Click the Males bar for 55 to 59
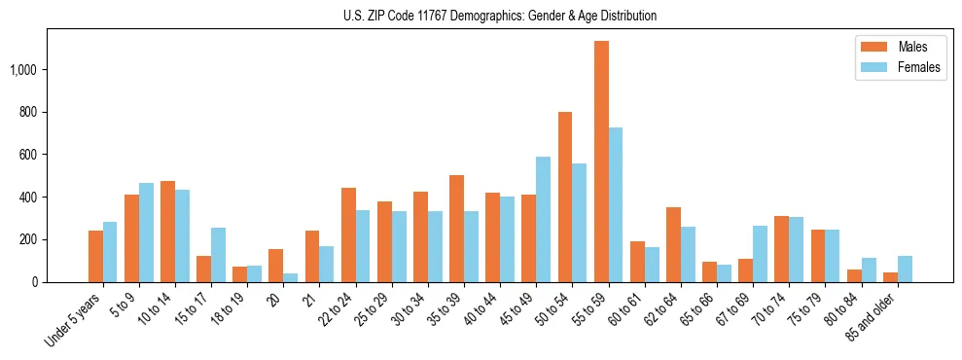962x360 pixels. [x=602, y=162]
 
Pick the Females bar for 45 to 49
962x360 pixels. [x=544, y=220]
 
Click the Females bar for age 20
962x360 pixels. [x=291, y=278]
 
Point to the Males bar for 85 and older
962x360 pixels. [x=890, y=277]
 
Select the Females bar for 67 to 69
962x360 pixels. [x=761, y=254]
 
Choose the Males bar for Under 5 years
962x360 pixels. [x=95, y=257]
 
